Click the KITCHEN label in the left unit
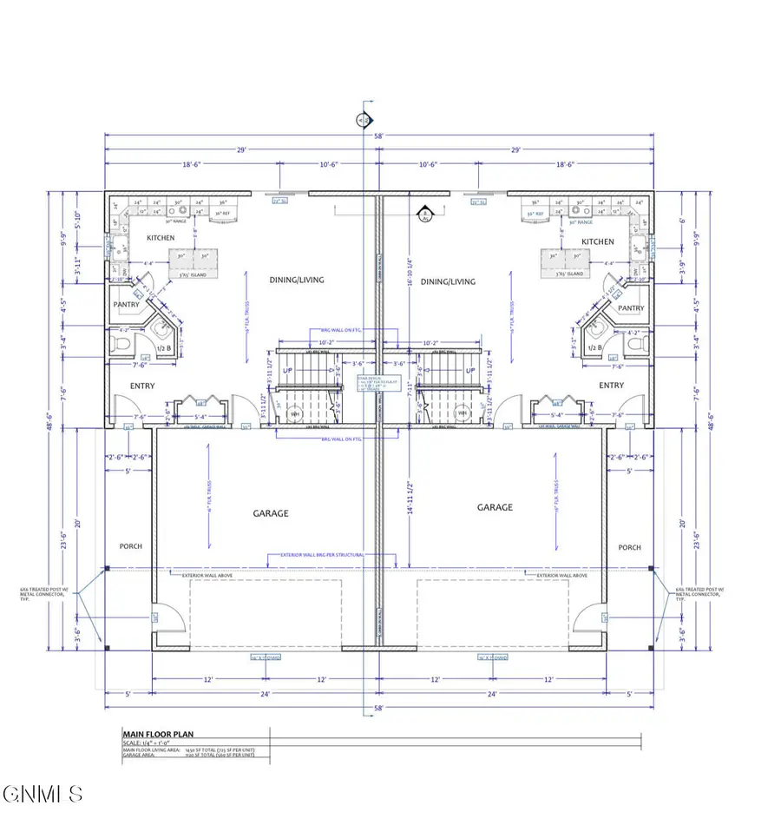tap(160, 238)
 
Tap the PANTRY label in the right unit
tap(631, 308)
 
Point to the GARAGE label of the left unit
tap(271, 513)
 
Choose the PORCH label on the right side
tap(629, 547)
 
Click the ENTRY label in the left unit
tap(143, 386)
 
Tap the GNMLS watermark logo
tap(43, 794)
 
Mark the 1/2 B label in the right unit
tap(594, 347)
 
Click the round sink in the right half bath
tap(595, 331)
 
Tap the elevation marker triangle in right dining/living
tap(425, 213)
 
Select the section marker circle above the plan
tap(364, 120)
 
